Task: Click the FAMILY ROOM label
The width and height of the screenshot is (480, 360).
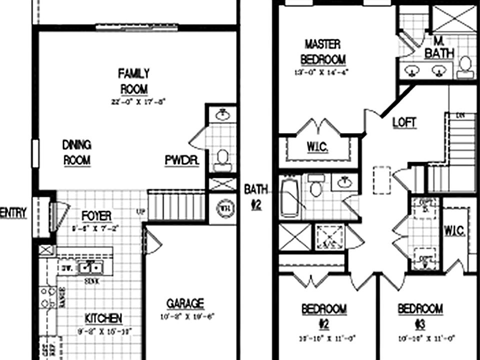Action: (133, 81)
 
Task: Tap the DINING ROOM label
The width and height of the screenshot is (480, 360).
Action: (76, 152)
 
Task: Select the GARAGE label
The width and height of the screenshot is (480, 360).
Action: (185, 303)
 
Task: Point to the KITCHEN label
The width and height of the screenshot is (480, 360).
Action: (103, 318)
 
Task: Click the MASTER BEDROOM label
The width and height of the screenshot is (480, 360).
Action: (322, 51)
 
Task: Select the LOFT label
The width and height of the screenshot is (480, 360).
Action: (404, 122)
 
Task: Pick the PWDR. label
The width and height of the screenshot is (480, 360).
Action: (182, 160)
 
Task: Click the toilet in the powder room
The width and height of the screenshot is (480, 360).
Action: (222, 158)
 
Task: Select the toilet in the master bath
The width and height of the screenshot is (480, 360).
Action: (465, 67)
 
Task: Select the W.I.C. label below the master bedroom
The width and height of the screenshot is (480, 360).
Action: (317, 146)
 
